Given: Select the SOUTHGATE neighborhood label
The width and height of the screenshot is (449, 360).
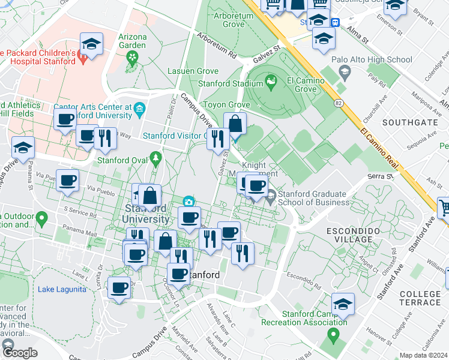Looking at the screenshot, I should coord(409,122).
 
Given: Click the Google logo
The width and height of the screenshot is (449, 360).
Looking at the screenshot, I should coord(20,353).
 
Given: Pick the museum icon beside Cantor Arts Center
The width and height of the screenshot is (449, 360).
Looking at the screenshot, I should coord(139,109).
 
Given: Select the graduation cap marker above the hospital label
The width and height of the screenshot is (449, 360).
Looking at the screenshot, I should coord(91,43).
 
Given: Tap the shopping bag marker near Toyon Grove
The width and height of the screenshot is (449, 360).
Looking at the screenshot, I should coord(236,124).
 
